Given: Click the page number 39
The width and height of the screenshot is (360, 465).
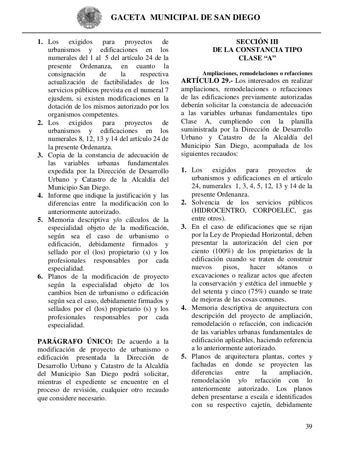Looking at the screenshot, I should click(x=308, y=426).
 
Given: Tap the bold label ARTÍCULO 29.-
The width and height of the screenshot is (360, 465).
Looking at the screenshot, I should click(x=207, y=81).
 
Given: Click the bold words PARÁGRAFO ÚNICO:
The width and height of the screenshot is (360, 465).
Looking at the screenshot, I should click(x=75, y=341).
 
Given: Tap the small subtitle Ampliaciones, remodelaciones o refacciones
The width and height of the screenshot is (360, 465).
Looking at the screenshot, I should click(x=257, y=73).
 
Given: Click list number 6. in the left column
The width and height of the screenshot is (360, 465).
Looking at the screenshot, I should click(x=40, y=277).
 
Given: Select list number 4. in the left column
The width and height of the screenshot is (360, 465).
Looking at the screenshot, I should click(x=40, y=195).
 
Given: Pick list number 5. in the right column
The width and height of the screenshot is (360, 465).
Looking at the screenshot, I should click(x=184, y=356).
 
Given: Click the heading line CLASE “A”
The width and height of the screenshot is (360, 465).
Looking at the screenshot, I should click(x=257, y=58).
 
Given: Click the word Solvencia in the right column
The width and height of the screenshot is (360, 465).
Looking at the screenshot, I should click(x=205, y=202).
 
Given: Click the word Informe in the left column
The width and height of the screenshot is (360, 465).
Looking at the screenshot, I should click(x=59, y=195).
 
